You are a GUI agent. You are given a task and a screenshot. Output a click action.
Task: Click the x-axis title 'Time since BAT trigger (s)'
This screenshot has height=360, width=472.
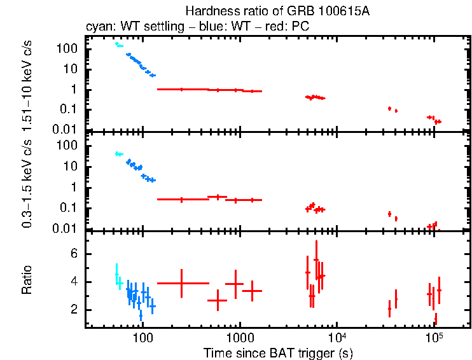click(278, 352)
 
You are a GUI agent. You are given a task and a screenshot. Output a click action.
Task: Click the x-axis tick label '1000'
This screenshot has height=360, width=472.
click(240, 336)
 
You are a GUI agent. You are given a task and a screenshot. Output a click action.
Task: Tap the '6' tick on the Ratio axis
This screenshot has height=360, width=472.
click(76, 254)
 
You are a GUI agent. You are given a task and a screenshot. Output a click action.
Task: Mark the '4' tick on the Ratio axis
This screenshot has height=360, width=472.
click(76, 282)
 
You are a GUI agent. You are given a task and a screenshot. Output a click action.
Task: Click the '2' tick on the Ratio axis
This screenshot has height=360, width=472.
click(76, 310)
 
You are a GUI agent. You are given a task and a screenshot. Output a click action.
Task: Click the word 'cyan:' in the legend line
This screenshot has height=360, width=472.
click(99, 27)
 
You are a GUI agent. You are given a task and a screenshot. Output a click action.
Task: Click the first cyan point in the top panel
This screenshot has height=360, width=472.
click(116, 43)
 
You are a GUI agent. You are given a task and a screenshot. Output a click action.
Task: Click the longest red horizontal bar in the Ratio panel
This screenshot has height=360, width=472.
click(183, 283)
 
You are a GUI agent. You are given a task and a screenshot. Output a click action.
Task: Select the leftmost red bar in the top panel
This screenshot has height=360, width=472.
click(183, 89)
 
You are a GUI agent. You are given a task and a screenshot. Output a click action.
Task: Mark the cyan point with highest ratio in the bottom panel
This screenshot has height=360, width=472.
click(116, 274)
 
